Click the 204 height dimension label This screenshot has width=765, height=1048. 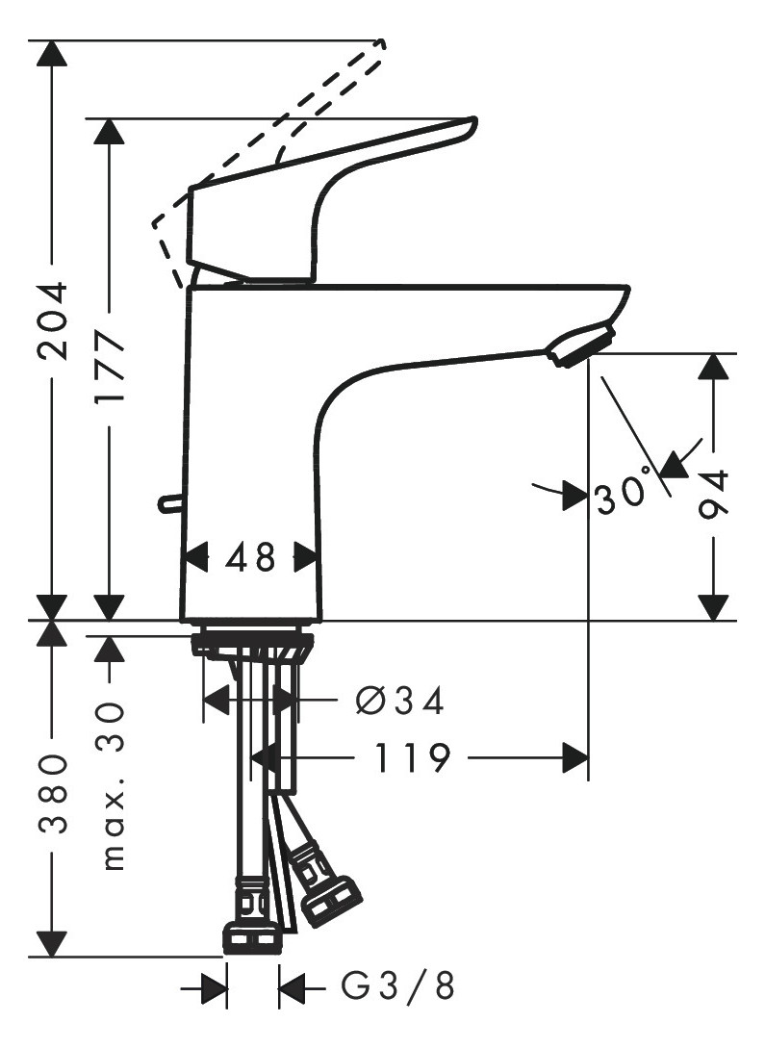tap(53, 320)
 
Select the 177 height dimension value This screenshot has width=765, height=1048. tap(109, 370)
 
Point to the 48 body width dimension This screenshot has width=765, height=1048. tap(250, 556)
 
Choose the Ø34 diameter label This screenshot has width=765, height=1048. tap(399, 702)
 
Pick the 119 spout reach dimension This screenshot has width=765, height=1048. tap(411, 758)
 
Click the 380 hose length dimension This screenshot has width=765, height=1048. tap(53, 793)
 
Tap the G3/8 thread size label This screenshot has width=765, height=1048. tap(399, 984)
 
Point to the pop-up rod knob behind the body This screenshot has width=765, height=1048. tap(167, 502)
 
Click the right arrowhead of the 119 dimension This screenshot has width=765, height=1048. tap(574, 758)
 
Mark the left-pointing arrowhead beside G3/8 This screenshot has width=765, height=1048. tap(292, 985)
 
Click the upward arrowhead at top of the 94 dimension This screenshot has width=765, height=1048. tap(713, 368)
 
